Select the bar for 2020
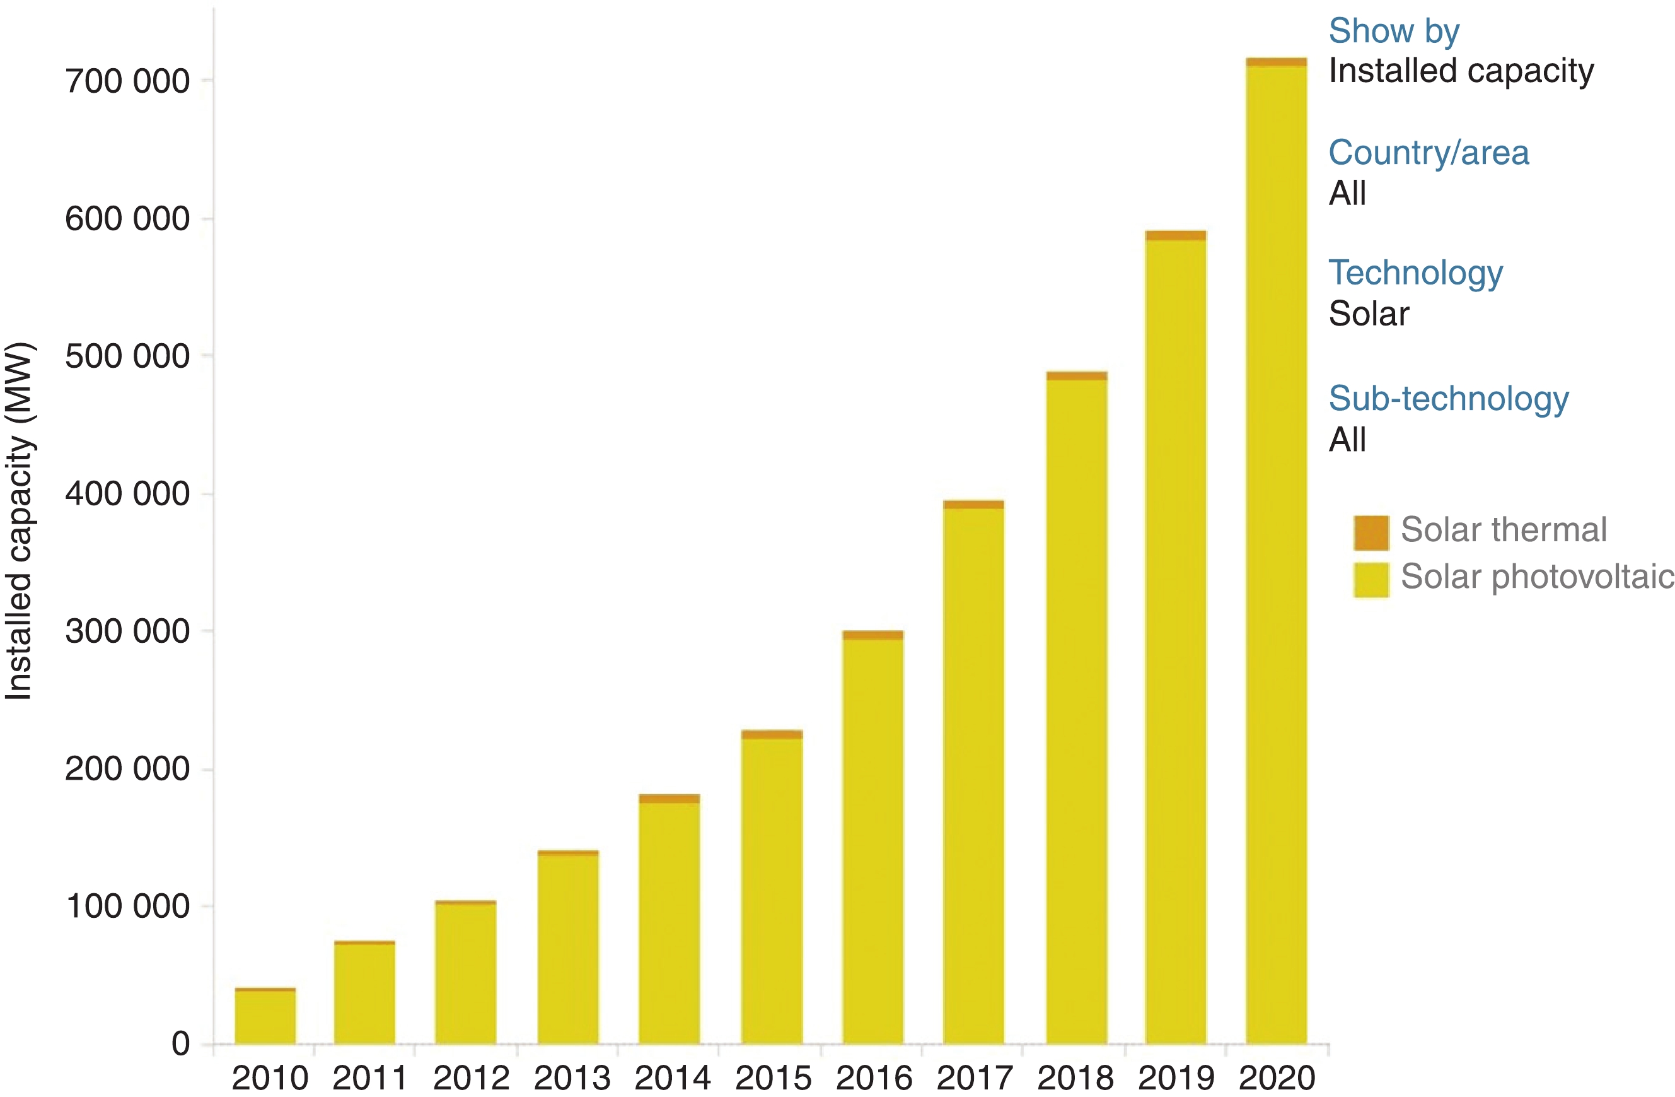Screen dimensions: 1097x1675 click(1276, 556)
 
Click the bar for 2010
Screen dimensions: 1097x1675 click(265, 1017)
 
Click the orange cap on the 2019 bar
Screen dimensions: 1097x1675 click(1175, 236)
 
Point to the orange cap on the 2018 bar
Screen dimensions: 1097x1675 click(1076, 376)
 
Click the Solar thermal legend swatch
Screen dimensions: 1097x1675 click(1371, 532)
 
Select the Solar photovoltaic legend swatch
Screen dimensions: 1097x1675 click(1371, 580)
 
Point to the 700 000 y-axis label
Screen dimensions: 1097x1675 click(127, 81)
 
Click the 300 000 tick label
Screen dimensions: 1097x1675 click(127, 631)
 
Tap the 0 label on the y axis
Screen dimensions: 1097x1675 click(181, 1043)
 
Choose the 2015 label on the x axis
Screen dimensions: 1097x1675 click(773, 1078)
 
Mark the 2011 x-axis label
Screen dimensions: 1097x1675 click(369, 1078)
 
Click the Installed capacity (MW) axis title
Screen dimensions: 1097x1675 click(19, 521)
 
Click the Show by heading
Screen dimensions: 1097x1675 click(1393, 31)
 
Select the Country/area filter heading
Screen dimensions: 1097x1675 click(1428, 153)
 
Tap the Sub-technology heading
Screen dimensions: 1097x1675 click(1449, 399)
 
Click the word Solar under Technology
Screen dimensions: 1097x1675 click(1368, 314)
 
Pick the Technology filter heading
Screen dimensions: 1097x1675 click(1415, 273)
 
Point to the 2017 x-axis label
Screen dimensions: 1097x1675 click(974, 1078)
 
